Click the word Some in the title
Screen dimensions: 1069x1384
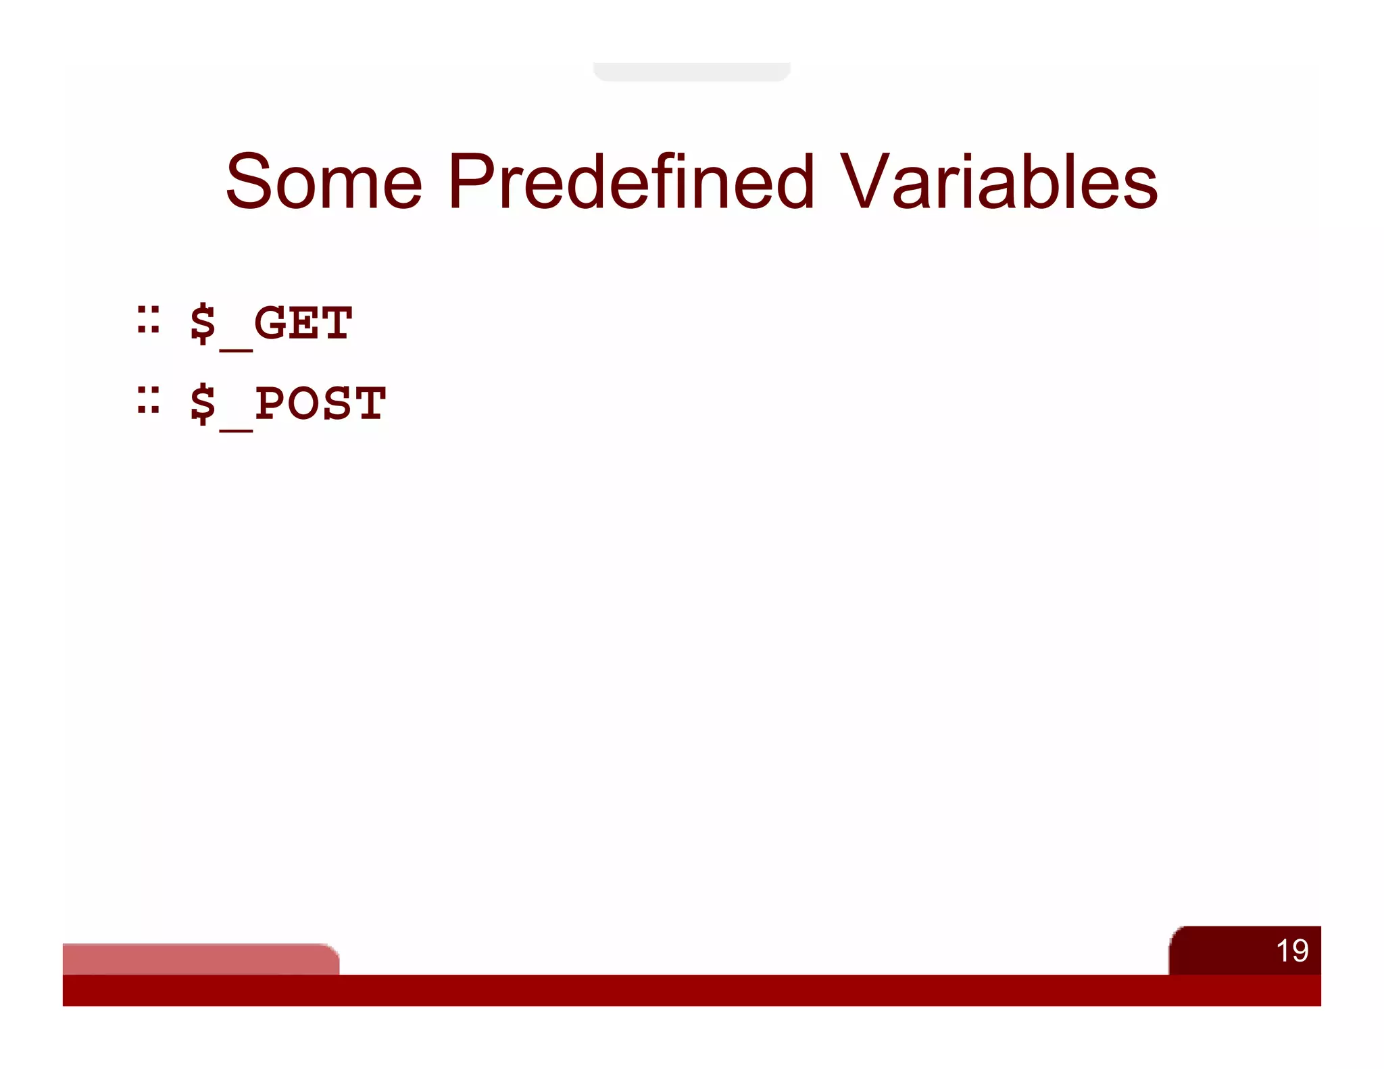(x=324, y=181)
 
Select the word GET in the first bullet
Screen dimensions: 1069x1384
(x=303, y=323)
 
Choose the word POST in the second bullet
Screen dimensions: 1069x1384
(x=320, y=403)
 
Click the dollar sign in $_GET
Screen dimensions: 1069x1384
(x=203, y=324)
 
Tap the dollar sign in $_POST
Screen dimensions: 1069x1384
(x=203, y=404)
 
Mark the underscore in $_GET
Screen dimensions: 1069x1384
(x=236, y=349)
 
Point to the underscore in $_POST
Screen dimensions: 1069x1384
(x=236, y=429)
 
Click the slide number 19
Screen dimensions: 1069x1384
(x=1291, y=951)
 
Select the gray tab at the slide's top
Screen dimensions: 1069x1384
(x=691, y=72)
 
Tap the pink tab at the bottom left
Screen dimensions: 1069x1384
(x=200, y=959)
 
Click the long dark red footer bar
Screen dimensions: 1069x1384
(x=691, y=990)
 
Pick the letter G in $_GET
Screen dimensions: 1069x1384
(x=270, y=323)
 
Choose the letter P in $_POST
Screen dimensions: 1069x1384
(x=270, y=403)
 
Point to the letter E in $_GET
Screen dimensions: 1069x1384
(x=303, y=323)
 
